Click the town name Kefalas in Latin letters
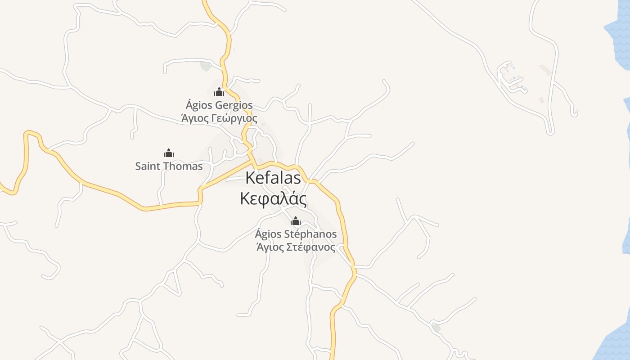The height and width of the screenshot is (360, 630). [x=273, y=178]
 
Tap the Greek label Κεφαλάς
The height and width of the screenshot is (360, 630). [x=273, y=198]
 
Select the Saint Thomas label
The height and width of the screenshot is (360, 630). [x=169, y=166]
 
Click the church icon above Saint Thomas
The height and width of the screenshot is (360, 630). [x=169, y=153]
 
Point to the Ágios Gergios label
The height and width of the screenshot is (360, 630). [x=219, y=105]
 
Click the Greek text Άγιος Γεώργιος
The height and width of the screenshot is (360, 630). [x=219, y=118]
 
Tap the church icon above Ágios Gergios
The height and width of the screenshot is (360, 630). [x=219, y=92]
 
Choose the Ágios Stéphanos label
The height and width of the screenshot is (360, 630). [x=296, y=234]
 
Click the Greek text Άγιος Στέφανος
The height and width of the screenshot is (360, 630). [x=296, y=247]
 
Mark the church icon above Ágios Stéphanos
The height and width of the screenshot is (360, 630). [x=296, y=221]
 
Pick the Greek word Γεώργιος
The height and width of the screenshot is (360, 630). [x=236, y=119]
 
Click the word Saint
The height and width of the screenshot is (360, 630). [x=147, y=166]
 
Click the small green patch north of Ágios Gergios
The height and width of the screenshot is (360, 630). [x=206, y=66]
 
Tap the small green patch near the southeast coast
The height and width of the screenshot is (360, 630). [x=436, y=328]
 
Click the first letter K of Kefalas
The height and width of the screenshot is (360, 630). [x=250, y=178]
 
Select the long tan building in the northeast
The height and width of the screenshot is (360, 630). [x=545, y=70]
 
